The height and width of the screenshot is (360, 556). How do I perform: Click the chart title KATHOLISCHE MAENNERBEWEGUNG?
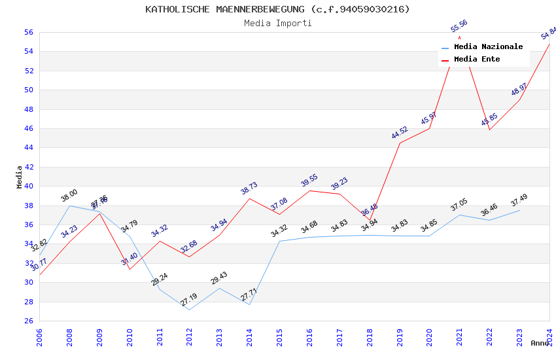pos(278,9)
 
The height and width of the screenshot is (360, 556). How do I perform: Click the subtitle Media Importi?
pos(278,24)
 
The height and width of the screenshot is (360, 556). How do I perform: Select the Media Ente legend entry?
pos(477,60)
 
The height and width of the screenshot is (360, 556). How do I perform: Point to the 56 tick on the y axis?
pos(29,32)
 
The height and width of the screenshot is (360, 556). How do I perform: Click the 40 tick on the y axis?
pos(29,186)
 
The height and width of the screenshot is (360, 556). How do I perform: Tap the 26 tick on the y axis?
pos(29,321)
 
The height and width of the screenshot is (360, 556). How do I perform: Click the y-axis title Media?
pos(20,176)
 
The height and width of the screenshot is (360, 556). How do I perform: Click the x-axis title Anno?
pos(540,343)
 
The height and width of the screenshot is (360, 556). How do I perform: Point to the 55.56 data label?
pos(459,26)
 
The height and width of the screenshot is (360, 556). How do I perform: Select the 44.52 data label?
pos(400,132)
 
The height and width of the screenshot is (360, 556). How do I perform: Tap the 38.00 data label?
pos(69,195)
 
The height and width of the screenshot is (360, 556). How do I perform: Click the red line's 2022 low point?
pos(489,130)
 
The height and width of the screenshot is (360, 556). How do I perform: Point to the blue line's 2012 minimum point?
pos(189,310)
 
